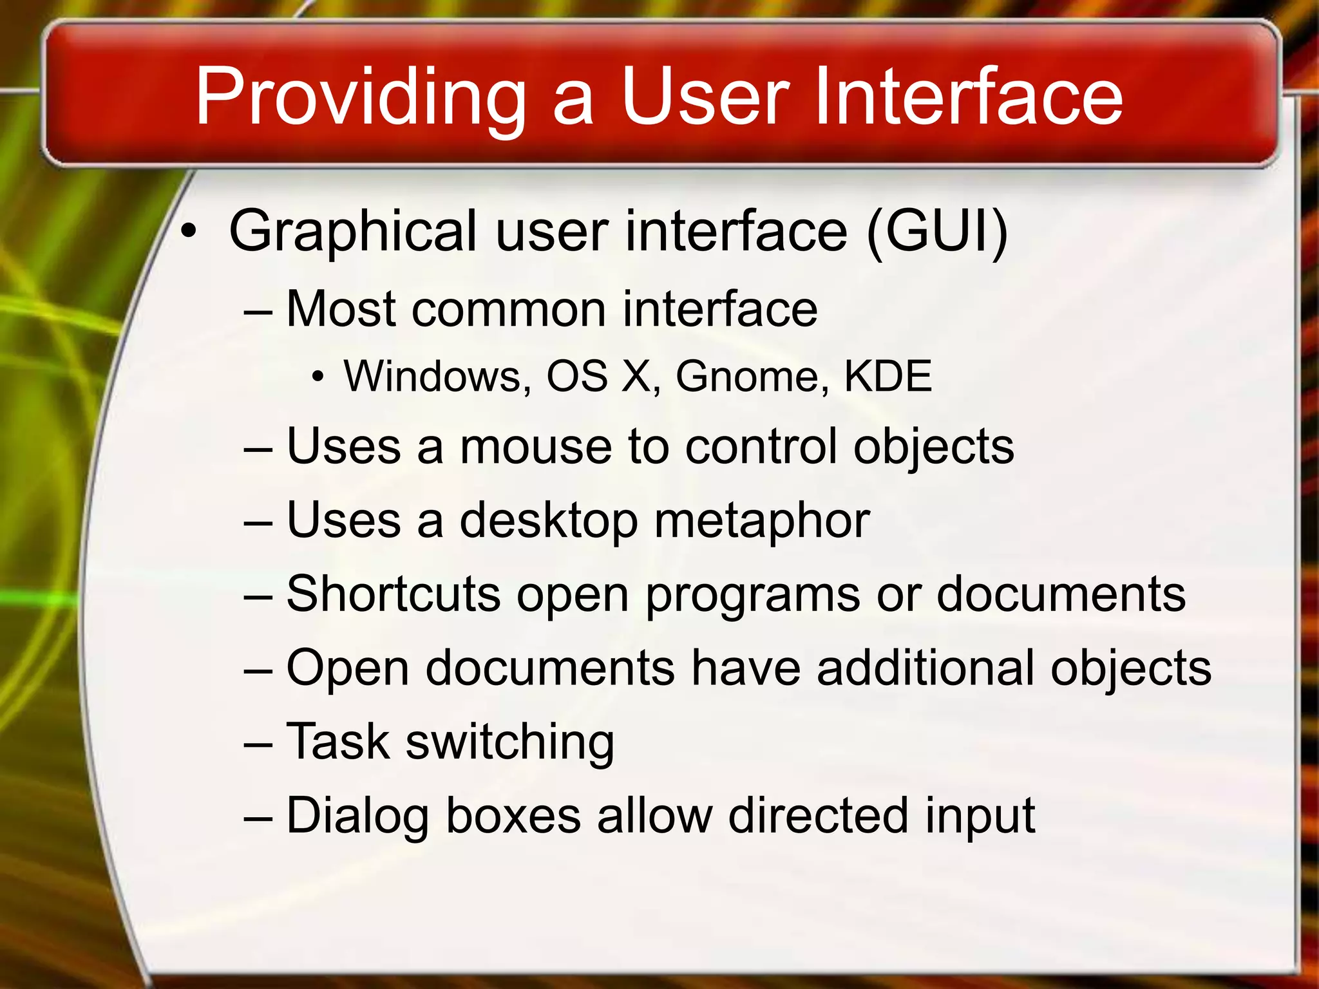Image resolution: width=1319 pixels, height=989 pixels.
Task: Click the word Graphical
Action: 353,232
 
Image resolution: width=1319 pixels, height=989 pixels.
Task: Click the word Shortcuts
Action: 393,594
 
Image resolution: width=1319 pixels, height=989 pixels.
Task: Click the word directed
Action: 819,815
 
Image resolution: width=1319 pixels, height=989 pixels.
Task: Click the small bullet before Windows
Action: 317,377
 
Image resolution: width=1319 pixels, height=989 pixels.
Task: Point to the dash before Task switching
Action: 259,744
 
